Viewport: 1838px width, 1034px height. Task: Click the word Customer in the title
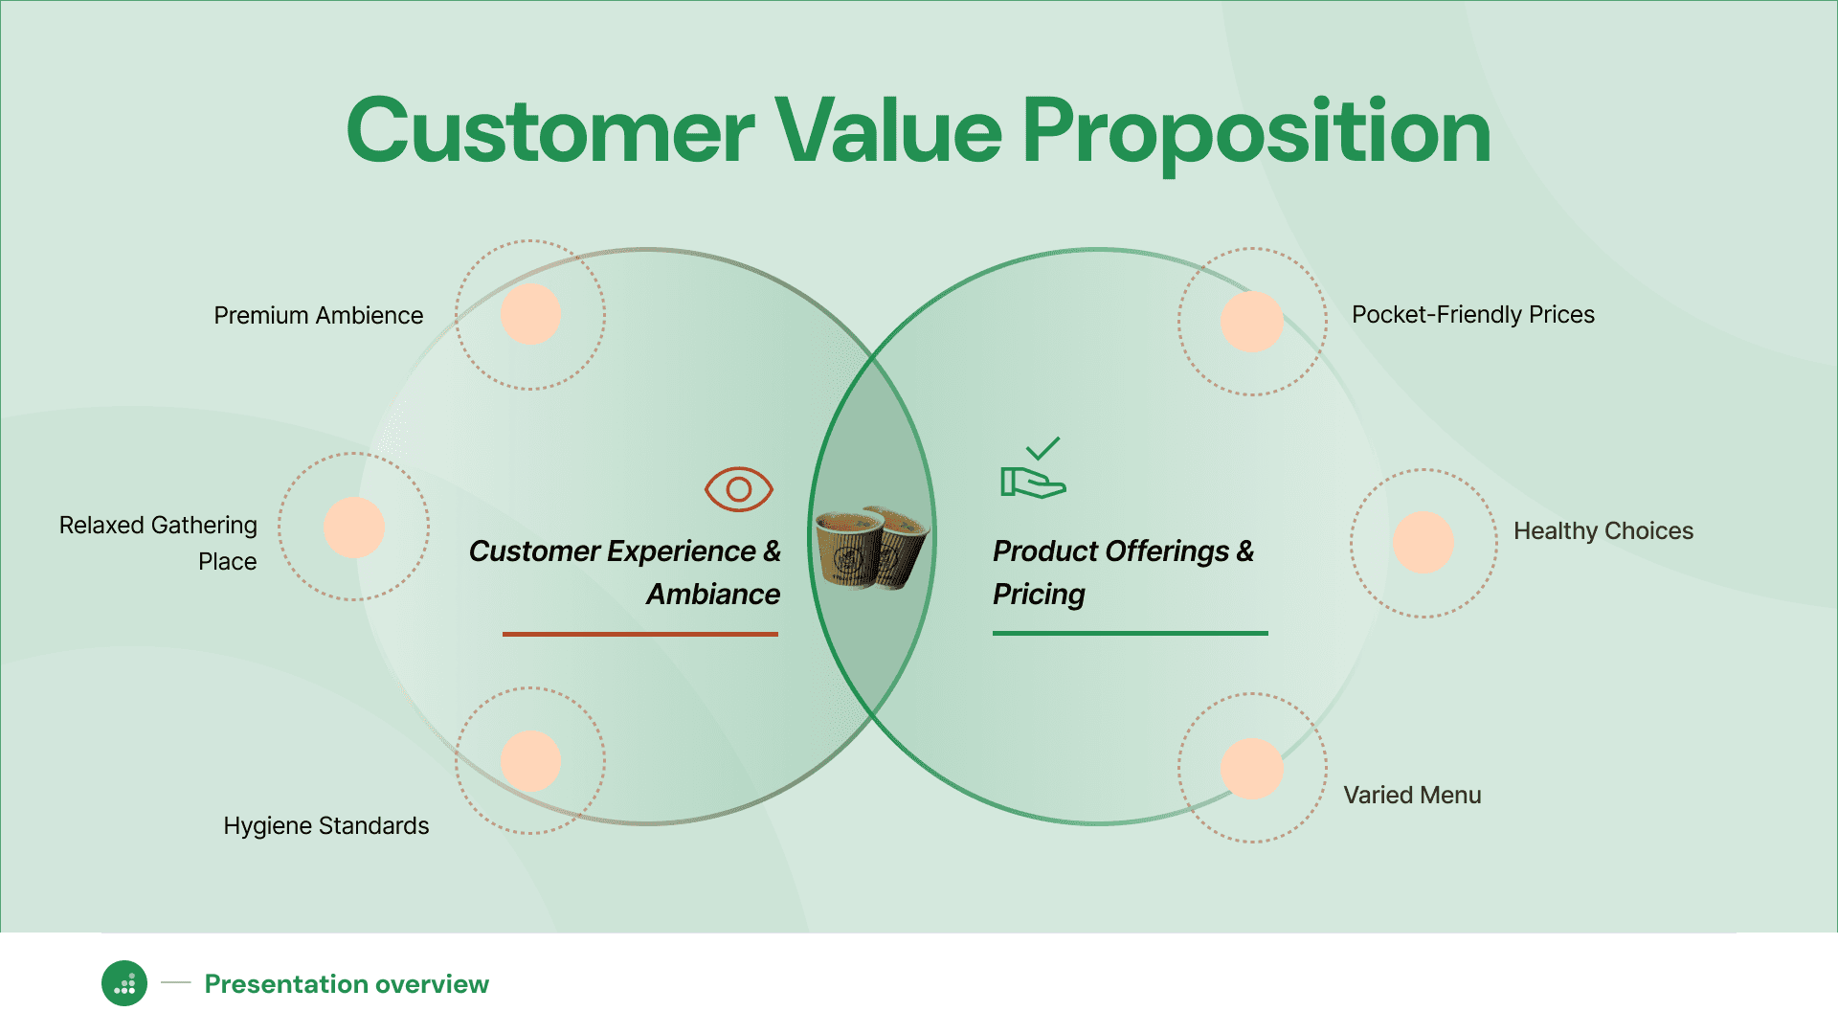click(551, 130)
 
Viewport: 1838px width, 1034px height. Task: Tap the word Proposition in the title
click(1257, 135)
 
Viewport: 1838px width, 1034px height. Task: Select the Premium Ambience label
click(318, 315)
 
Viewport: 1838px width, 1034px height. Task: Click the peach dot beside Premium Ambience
click(530, 314)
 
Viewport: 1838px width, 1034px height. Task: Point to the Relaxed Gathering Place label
click(158, 543)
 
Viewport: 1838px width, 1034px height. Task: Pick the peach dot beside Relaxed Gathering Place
click(354, 528)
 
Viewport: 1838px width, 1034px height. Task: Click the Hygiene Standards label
click(325, 825)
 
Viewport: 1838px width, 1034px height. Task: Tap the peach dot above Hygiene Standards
click(530, 761)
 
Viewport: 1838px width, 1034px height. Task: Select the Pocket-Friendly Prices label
click(1473, 314)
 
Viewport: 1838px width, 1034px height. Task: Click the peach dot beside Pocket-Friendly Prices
click(1252, 322)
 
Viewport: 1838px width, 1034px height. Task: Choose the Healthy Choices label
click(1603, 530)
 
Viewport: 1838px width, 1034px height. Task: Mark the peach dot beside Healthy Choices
click(1423, 542)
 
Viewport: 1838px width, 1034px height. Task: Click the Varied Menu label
click(1412, 795)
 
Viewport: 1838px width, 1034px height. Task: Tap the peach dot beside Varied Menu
click(1252, 769)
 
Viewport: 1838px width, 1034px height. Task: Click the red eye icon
click(739, 489)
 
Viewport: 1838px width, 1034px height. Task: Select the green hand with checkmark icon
click(1033, 468)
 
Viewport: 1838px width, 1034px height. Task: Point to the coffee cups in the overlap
click(871, 548)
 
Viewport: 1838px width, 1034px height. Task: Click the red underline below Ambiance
click(640, 634)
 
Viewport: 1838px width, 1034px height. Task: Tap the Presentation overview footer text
click(347, 984)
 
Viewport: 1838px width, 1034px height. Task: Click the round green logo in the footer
click(124, 983)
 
